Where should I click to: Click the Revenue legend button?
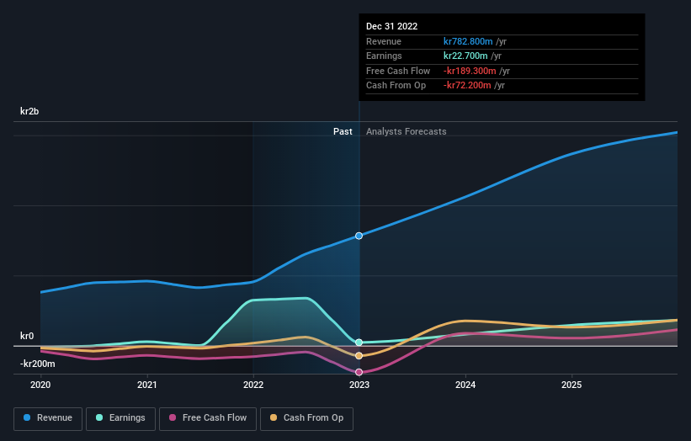point(48,417)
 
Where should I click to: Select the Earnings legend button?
point(120,417)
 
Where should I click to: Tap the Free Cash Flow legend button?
point(207,417)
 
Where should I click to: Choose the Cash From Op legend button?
point(306,417)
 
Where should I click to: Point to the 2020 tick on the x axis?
point(40,385)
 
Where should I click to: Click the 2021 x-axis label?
point(146,385)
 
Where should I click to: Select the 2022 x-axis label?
point(253,385)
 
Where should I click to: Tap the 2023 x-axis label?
point(359,385)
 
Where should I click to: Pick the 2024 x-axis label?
point(465,385)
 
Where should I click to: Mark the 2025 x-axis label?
point(571,385)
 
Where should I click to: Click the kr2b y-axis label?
point(31,111)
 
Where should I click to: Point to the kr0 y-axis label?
point(27,336)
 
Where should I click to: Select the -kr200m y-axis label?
point(38,364)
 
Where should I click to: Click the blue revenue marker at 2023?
point(359,236)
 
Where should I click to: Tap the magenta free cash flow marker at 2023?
point(359,372)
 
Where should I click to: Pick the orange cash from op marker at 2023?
point(359,356)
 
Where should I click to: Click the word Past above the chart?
point(343,131)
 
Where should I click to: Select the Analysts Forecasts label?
point(406,131)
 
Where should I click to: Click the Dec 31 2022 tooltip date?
point(391,27)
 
